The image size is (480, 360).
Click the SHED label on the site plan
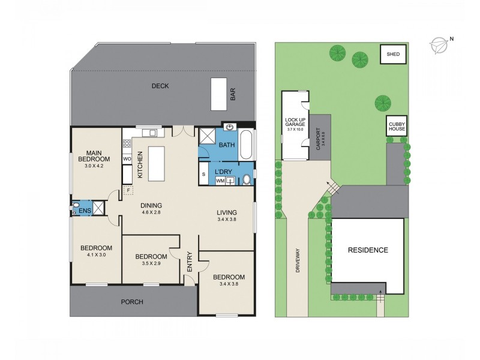click(394, 55)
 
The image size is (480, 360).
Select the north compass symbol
click(441, 43)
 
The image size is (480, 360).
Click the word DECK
click(160, 86)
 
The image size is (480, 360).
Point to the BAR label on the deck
click(232, 95)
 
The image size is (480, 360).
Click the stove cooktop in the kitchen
click(127, 144)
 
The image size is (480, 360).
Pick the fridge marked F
click(128, 191)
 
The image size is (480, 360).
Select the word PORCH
click(132, 302)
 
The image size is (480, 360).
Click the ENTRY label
click(190, 263)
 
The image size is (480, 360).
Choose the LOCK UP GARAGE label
click(295, 125)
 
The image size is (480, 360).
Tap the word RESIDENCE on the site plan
click(368, 250)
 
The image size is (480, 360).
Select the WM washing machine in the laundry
click(220, 180)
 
